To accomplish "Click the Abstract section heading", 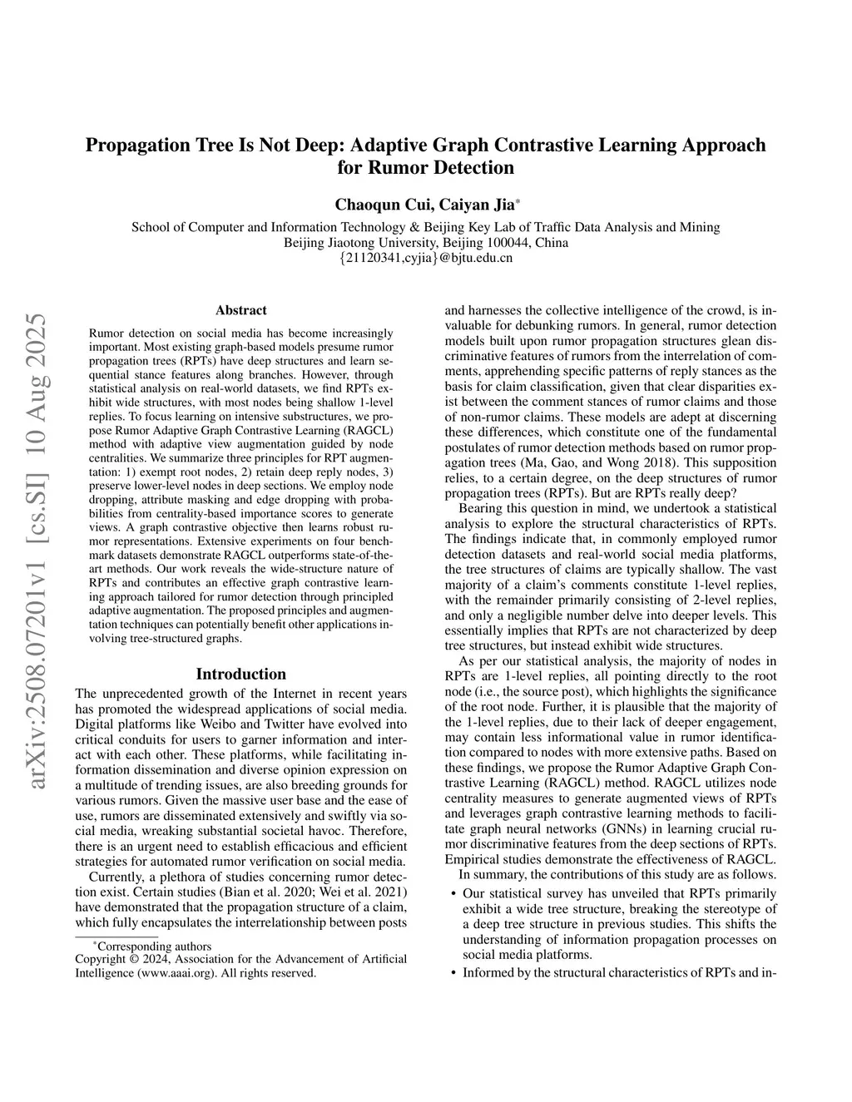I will pyautogui.click(x=240, y=310).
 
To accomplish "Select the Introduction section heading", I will pyautogui.click(x=240, y=674).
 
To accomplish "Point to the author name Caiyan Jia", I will pyautogui.click(x=472, y=205).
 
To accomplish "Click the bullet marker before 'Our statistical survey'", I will pyautogui.click(x=453, y=894).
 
